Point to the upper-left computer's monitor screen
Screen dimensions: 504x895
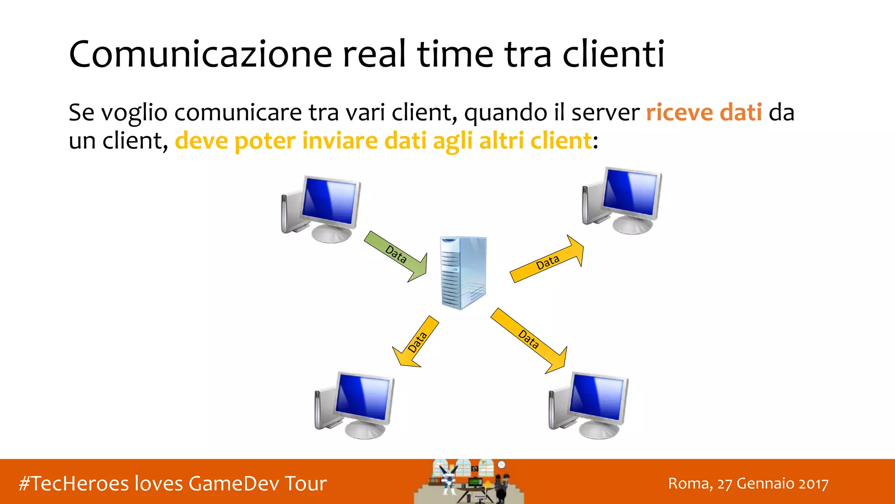click(x=330, y=201)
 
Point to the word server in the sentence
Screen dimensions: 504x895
click(x=605, y=113)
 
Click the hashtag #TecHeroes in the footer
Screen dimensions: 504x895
click(x=74, y=483)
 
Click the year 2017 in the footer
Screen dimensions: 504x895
click(x=813, y=484)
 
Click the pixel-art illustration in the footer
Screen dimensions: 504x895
click(x=468, y=482)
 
